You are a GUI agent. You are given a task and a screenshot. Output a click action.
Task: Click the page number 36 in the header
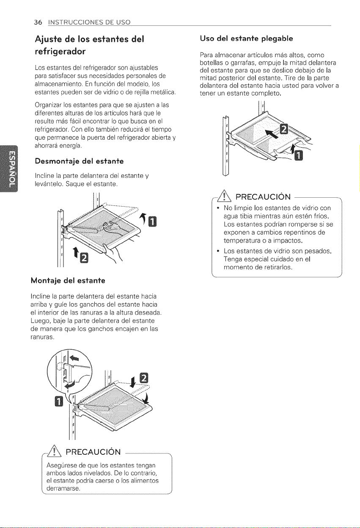pyautogui.click(x=38, y=22)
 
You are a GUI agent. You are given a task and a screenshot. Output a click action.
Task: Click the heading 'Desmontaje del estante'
pyautogui.click(x=79, y=161)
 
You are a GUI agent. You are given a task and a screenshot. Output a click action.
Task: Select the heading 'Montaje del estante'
pyautogui.click(x=68, y=280)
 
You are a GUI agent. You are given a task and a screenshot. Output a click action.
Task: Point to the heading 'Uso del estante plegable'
pyautogui.click(x=246, y=39)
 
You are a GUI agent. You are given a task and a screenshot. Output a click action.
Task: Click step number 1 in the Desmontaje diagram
pyautogui.click(x=152, y=221)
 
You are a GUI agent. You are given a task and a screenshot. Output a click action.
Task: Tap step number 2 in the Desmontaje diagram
pyautogui.click(x=84, y=257)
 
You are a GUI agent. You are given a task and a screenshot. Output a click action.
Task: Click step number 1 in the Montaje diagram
pyautogui.click(x=59, y=402)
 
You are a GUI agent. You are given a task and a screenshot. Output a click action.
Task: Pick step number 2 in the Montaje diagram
pyautogui.click(x=144, y=378)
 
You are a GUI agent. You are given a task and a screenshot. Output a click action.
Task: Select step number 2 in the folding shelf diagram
pyautogui.click(x=284, y=129)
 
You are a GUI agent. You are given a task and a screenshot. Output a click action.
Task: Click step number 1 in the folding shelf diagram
pyautogui.click(x=298, y=155)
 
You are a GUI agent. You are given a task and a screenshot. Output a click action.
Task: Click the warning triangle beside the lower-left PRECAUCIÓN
pyautogui.click(x=55, y=451)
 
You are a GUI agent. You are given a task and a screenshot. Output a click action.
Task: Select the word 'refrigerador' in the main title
pyautogui.click(x=60, y=51)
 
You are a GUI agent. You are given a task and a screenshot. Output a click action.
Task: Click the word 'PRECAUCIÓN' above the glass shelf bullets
pyautogui.click(x=263, y=196)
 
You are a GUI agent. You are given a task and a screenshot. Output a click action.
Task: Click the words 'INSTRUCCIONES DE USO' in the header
pyautogui.click(x=89, y=22)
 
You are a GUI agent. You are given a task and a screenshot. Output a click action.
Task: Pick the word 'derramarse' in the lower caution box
pyautogui.click(x=63, y=488)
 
